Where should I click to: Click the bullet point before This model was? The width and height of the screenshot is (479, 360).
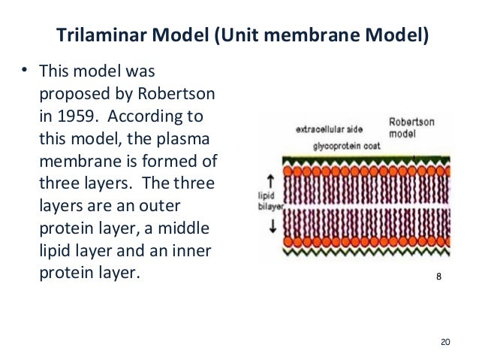pyautogui.click(x=24, y=73)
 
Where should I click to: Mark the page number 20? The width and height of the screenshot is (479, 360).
pyautogui.click(x=444, y=342)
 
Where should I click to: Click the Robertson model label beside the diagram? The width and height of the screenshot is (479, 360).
pyautogui.click(x=409, y=128)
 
